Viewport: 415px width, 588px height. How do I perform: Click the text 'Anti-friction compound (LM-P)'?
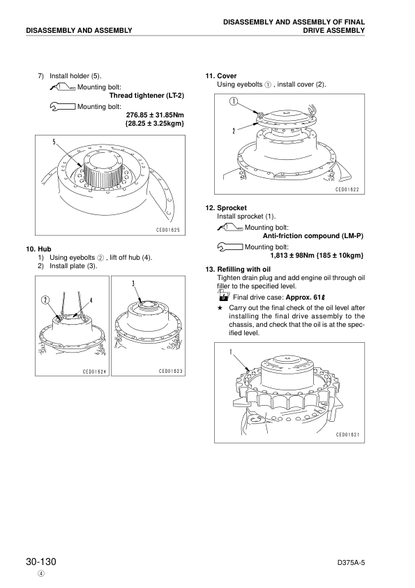314,235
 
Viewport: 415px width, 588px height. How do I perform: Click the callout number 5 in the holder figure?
54,142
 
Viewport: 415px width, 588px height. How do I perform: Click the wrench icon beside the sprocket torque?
229,247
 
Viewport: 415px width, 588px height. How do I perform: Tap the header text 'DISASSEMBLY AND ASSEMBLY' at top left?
78,31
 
